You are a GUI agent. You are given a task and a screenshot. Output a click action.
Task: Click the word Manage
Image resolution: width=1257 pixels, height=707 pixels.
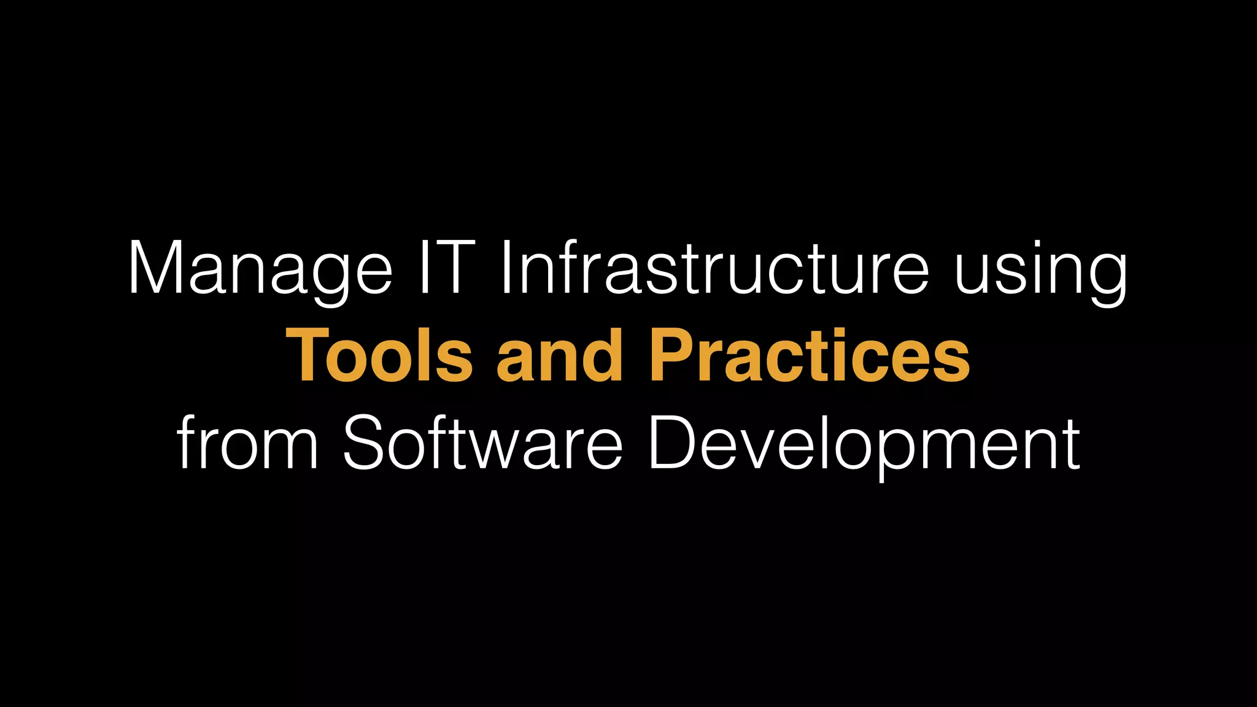[260, 270]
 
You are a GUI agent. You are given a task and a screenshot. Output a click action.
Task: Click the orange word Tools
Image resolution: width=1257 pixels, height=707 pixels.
[379, 356]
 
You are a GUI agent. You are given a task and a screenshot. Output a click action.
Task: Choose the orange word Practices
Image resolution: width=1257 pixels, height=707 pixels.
[810, 356]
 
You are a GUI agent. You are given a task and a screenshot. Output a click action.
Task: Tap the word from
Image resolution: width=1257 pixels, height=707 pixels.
[247, 442]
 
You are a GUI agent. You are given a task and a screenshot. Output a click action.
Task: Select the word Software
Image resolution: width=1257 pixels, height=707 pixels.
[482, 442]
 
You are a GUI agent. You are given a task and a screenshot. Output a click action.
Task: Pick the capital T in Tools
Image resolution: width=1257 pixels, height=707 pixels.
[309, 356]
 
